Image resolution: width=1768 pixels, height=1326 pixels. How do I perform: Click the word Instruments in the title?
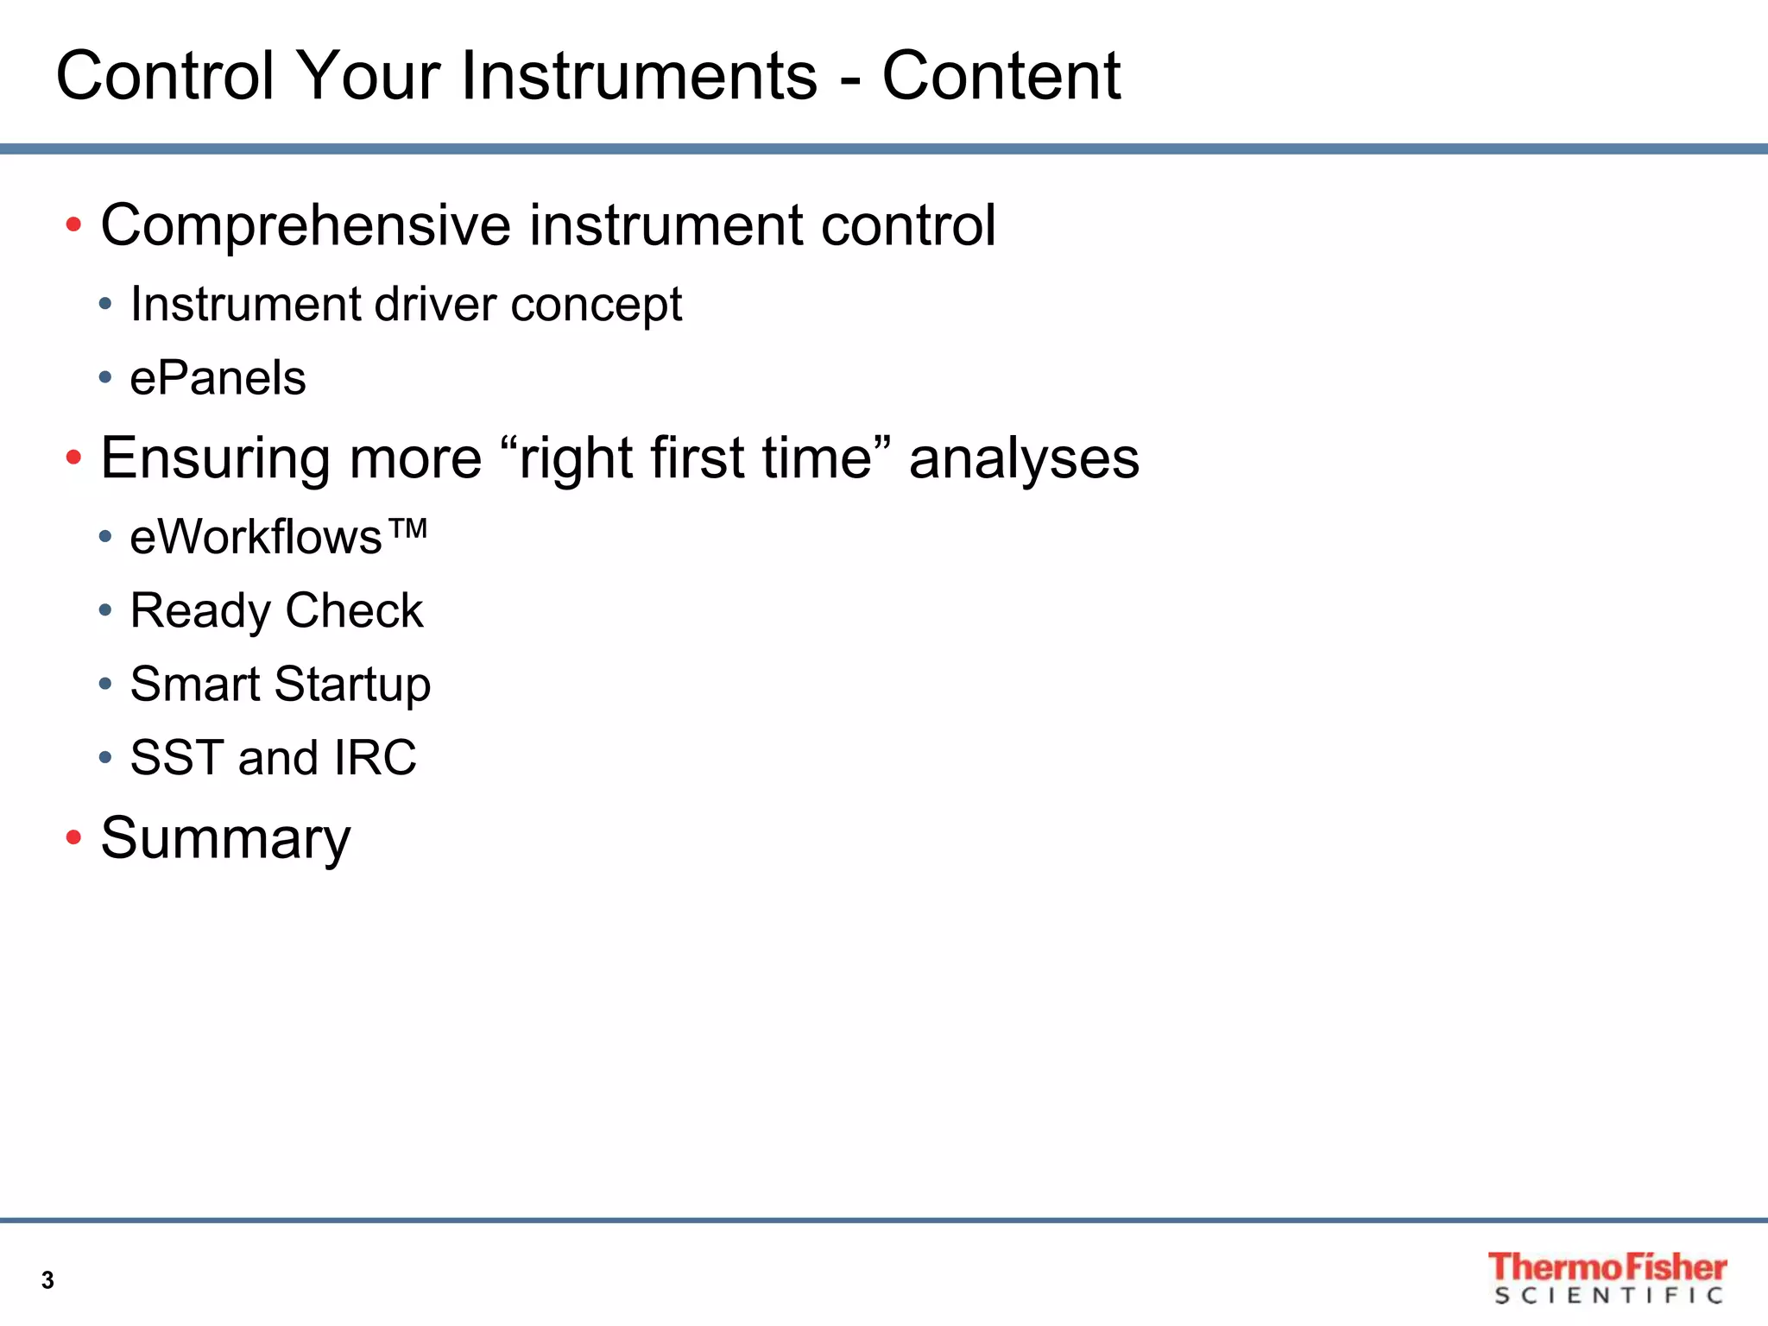(639, 76)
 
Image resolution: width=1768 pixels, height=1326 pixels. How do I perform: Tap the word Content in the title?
(1001, 76)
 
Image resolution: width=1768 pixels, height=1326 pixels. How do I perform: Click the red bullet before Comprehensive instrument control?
(73, 226)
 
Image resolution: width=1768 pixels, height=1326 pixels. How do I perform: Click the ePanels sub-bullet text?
(218, 378)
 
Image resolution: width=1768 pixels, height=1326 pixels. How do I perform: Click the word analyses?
(1024, 458)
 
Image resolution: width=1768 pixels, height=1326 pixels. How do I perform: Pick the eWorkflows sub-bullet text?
(256, 537)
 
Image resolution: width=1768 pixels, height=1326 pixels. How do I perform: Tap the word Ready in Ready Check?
(200, 611)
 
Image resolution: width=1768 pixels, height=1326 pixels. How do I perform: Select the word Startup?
(352, 685)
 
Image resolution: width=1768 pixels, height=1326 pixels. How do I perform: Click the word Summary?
(225, 838)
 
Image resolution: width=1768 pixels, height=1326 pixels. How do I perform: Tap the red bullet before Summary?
(73, 837)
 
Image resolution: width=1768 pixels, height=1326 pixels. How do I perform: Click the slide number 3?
(47, 1280)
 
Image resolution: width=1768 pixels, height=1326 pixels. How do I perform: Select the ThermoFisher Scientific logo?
(1607, 1278)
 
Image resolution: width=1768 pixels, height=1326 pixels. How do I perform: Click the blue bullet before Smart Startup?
(105, 685)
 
